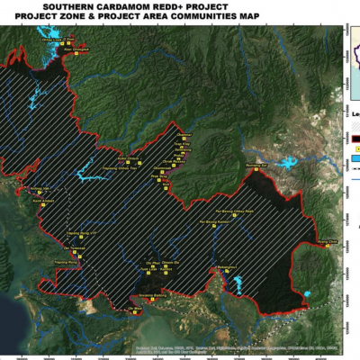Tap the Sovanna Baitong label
click(152, 295)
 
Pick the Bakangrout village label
click(225, 267)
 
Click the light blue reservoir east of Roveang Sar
click(290, 164)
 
